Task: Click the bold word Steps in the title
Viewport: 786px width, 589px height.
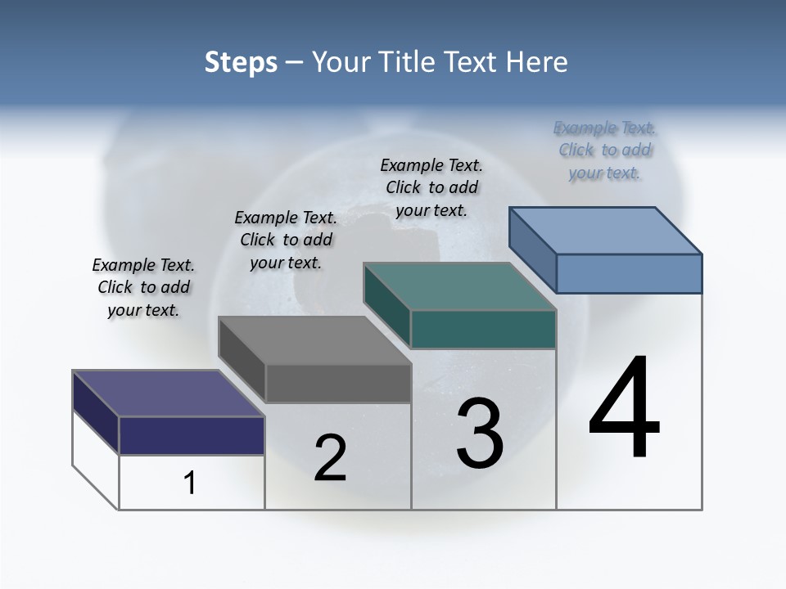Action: pos(240,62)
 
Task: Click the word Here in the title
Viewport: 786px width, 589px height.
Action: pos(538,62)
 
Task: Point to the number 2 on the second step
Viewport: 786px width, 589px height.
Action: pos(331,457)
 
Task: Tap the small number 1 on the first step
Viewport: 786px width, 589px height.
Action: pos(190,483)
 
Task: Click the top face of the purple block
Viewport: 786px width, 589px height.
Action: pos(168,393)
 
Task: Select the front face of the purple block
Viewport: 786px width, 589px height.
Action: pos(192,435)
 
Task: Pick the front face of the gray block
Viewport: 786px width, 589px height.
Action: pos(338,383)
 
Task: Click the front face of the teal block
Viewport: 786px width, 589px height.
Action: pos(483,329)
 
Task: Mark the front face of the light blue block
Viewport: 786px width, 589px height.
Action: pos(629,273)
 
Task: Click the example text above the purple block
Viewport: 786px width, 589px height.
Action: pos(143,287)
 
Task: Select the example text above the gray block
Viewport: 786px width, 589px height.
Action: pos(286,240)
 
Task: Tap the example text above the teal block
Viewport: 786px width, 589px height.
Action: pos(431,187)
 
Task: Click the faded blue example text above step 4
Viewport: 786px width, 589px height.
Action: pos(605,150)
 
